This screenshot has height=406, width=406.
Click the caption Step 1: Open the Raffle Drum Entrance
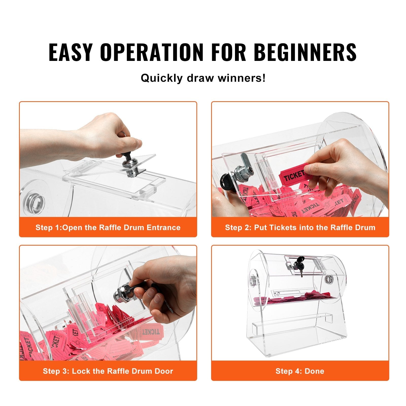[108, 227]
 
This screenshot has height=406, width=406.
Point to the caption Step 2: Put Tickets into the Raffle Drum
[300, 227]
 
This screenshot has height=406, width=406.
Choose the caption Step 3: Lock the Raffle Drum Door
[108, 371]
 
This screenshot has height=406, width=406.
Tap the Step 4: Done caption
[300, 371]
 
